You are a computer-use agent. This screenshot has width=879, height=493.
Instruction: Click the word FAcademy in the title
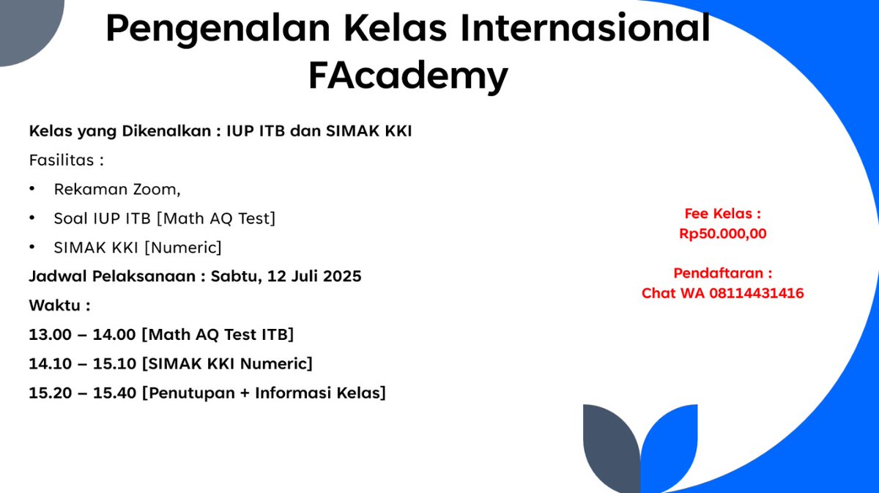coord(408,75)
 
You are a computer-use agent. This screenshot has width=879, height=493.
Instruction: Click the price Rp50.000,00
coord(722,234)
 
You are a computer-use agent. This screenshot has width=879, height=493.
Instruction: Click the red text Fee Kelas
coord(722,214)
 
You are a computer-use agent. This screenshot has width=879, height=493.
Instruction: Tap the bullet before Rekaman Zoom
coord(32,189)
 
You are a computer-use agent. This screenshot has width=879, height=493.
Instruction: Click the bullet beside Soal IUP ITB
coord(32,218)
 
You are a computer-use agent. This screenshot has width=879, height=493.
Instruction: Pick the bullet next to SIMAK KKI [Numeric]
coord(32,248)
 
